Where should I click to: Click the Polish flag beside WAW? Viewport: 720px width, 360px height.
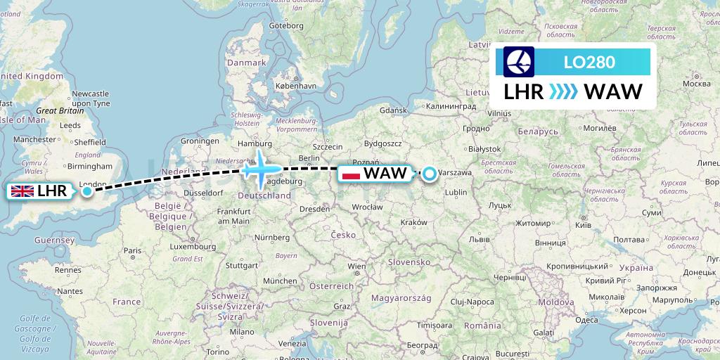pyautogui.click(x=350, y=173)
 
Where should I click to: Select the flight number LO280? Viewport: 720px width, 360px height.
pyautogui.click(x=589, y=63)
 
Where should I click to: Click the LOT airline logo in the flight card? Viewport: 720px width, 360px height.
pyautogui.click(x=519, y=62)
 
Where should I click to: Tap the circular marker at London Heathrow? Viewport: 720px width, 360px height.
pyautogui.click(x=86, y=191)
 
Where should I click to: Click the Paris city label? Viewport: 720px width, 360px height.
pyautogui.click(x=132, y=250)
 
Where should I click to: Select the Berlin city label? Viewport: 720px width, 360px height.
pyautogui.click(x=309, y=158)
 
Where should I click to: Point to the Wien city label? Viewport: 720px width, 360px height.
pyautogui.click(x=357, y=266)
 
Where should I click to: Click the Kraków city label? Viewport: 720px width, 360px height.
pyautogui.click(x=413, y=222)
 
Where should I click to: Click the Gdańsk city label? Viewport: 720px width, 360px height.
pyautogui.click(x=393, y=110)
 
